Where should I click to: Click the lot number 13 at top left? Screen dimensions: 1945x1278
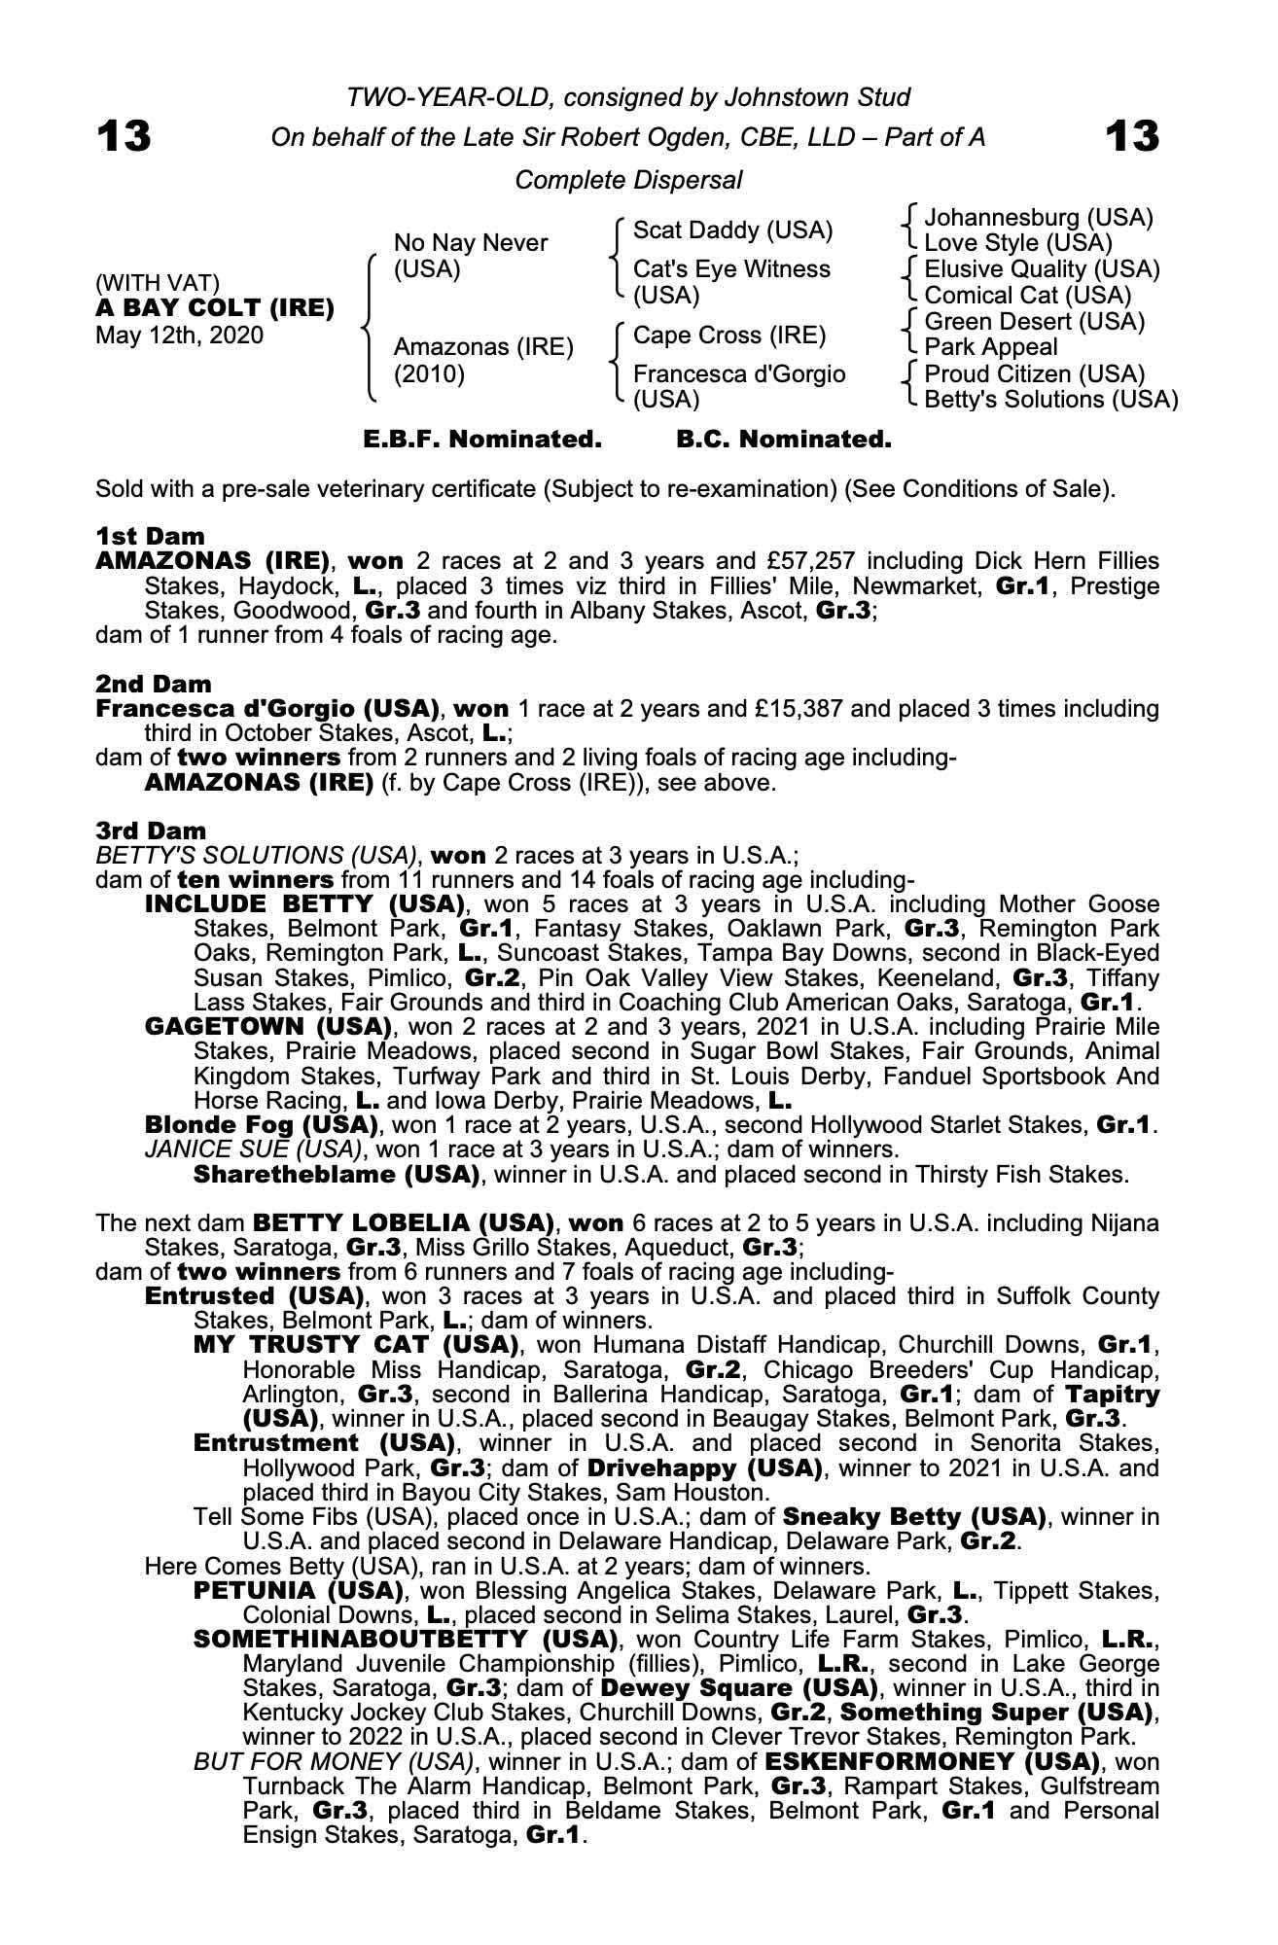(124, 137)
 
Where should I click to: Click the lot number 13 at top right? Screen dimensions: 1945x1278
(1132, 137)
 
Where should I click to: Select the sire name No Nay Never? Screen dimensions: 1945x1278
(471, 243)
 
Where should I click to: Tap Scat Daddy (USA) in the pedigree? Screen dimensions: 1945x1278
(732, 230)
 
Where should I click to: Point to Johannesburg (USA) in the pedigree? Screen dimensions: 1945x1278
(1038, 217)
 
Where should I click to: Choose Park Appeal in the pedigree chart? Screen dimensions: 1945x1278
(990, 347)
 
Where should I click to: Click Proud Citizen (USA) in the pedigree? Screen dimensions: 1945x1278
(1034, 373)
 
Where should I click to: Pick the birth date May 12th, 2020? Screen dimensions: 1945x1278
(179, 336)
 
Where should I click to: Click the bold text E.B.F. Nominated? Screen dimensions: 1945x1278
(482, 440)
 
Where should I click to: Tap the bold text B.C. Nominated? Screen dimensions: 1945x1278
(783, 440)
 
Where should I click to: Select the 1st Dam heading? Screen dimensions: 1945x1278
(151, 536)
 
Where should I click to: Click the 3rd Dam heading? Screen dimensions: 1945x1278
(151, 831)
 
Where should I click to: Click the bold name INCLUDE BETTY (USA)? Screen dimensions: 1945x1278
(302, 904)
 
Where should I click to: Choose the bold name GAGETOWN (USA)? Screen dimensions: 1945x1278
(267, 1027)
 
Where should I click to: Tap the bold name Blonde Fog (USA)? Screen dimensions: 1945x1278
(261, 1125)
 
